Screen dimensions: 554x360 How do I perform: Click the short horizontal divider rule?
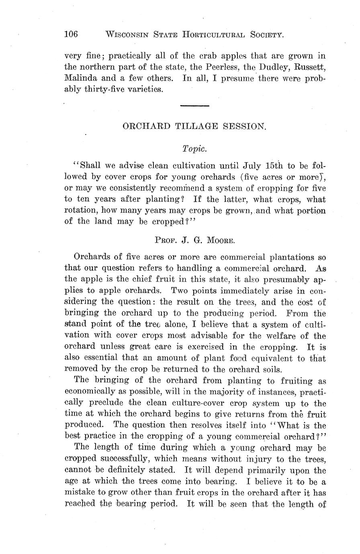(x=195, y=106)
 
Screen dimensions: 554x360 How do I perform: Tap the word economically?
(x=88, y=391)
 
